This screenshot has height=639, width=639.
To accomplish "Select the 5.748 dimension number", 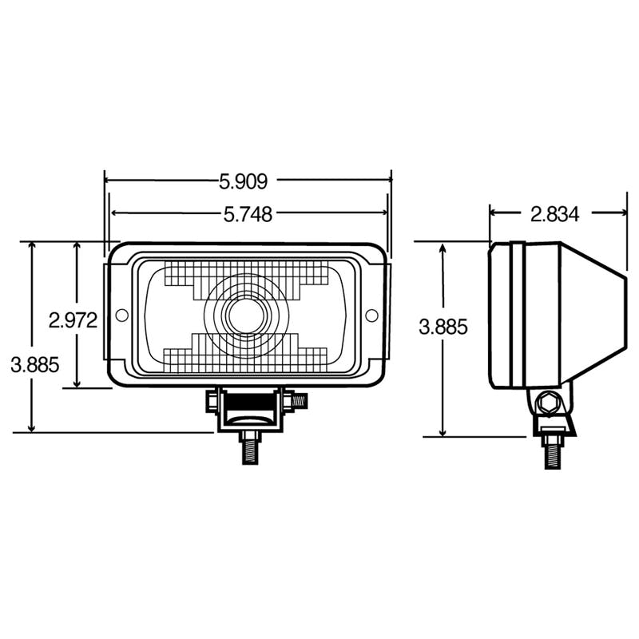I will coord(247,213).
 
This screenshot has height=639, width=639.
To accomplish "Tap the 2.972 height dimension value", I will coord(73,320).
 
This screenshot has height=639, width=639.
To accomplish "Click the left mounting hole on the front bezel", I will coord(121,315).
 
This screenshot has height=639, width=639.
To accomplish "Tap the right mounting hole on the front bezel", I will coord(371,315).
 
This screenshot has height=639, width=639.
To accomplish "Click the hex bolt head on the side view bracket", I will coord(549,404).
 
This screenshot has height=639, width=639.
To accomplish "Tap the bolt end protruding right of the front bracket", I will coord(298,399).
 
